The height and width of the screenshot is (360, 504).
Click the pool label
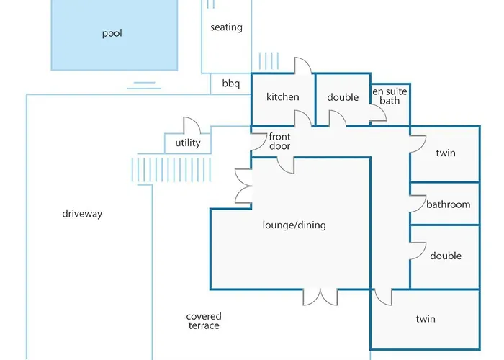[x=112, y=34]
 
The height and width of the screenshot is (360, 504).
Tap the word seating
[x=226, y=27]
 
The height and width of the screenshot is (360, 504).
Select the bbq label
[x=230, y=84]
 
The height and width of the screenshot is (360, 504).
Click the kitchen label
[x=282, y=97]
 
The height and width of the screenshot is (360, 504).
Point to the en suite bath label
[x=390, y=96]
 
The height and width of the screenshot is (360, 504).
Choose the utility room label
[x=188, y=143]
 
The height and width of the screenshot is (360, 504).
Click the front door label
[x=279, y=141]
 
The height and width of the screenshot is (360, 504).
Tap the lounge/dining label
[x=294, y=225]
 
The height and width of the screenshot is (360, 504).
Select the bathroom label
[x=448, y=204]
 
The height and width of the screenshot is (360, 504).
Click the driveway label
[x=82, y=214]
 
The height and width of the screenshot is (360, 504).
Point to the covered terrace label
[x=204, y=321]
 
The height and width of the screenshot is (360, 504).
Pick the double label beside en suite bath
[x=343, y=97]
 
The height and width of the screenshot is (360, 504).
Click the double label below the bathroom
[x=446, y=256]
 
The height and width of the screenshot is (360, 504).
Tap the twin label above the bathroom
[x=446, y=153]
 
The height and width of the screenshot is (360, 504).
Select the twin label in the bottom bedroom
[x=426, y=319]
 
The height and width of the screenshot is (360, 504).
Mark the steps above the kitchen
[x=268, y=60]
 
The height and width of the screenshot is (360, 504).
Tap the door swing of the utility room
[x=191, y=125]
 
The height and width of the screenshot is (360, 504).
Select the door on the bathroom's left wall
[x=416, y=204]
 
